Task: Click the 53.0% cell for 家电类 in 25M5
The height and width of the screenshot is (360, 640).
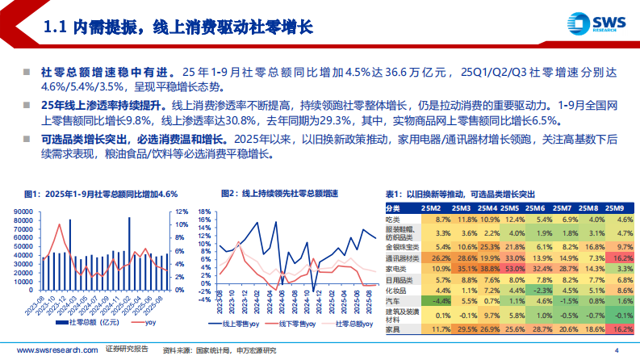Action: [x=513, y=268]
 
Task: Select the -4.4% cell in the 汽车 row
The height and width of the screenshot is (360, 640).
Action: [x=441, y=298]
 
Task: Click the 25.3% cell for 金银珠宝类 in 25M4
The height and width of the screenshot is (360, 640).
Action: [x=490, y=246]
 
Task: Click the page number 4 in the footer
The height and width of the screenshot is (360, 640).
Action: [x=616, y=350]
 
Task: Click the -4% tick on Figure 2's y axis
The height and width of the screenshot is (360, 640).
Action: [x=204, y=285]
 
